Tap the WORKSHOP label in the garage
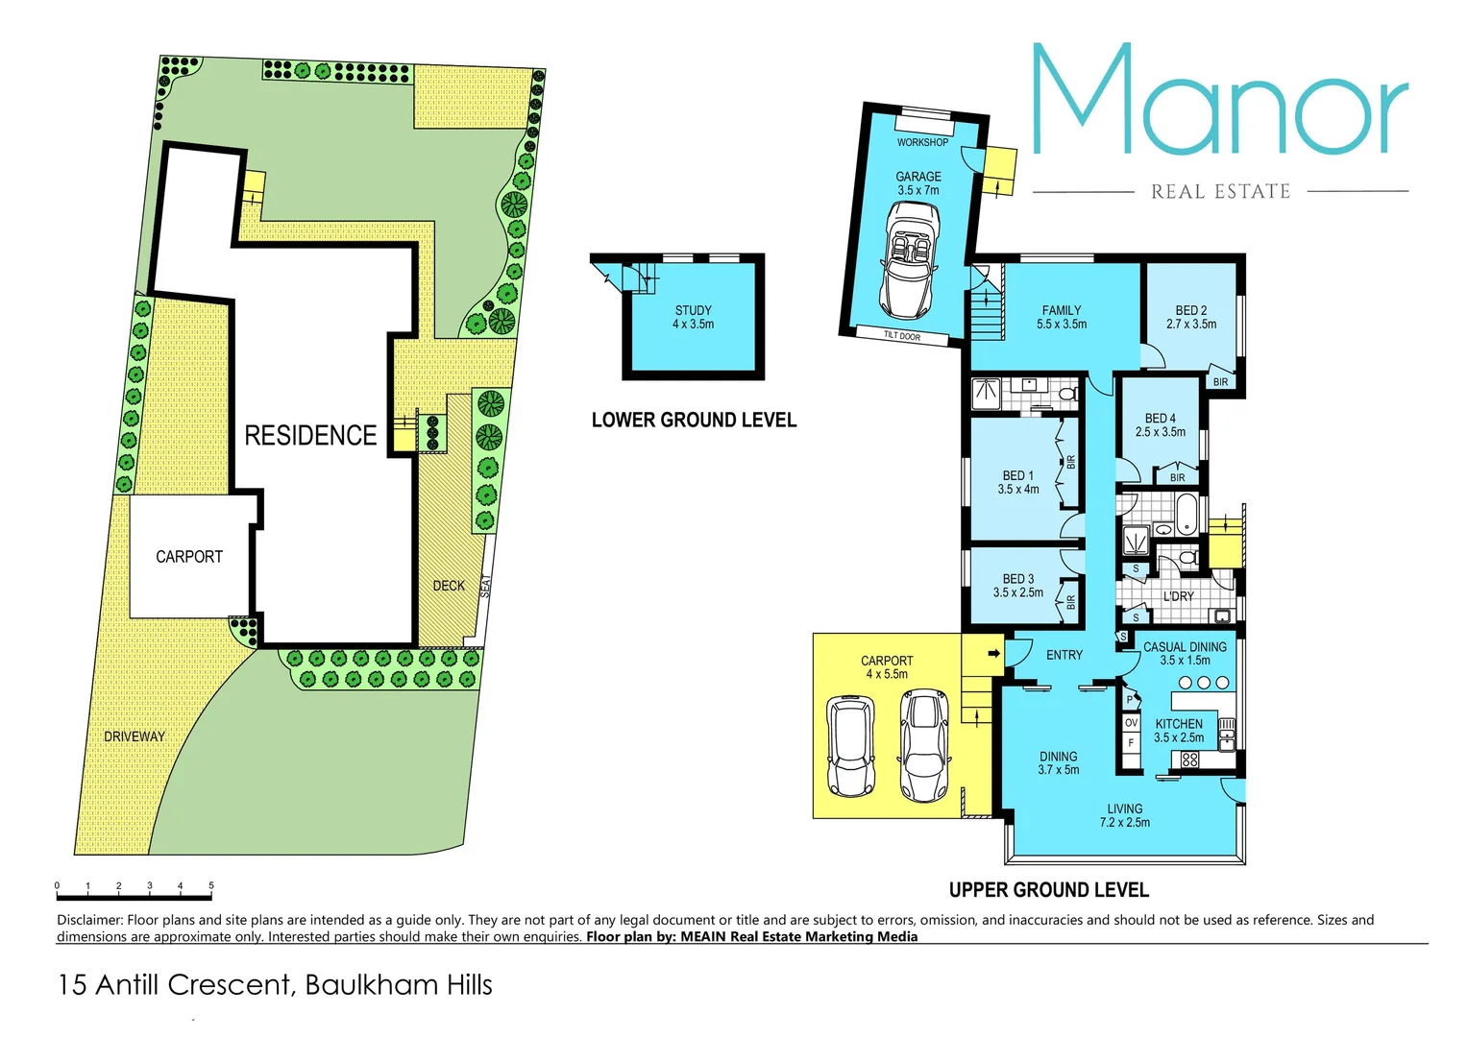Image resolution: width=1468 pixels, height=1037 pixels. coord(922,142)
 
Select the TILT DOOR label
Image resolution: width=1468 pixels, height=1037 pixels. coord(902,336)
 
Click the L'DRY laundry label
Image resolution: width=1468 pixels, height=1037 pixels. coord(1179,596)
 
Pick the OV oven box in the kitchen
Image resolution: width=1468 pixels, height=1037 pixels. coord(1131,722)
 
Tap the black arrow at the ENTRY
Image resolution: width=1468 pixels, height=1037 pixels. coord(994,654)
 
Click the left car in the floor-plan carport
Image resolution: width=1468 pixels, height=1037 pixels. coord(851,747)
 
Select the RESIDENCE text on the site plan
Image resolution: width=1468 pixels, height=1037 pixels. coord(310,436)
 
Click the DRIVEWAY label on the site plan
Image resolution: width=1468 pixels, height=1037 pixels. coord(135,736)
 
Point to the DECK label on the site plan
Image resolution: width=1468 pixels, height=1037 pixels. coord(449,586)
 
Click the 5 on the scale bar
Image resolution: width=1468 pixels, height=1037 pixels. coord(211,886)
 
